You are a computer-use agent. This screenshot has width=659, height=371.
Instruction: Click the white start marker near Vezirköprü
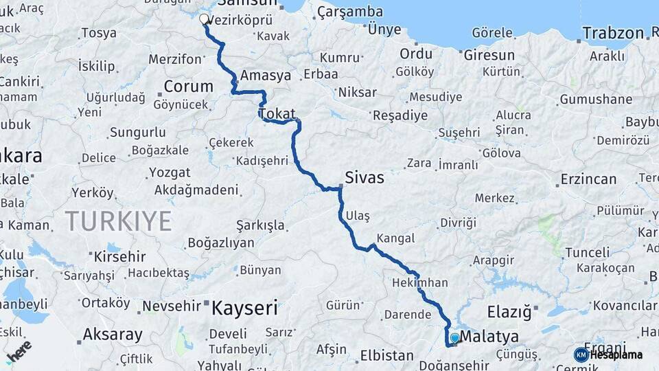click(x=204, y=19)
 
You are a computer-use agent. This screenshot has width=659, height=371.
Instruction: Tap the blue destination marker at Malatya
click(x=454, y=338)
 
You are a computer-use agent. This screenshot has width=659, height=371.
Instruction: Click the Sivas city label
click(x=364, y=177)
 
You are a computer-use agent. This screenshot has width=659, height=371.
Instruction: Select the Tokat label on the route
click(x=277, y=113)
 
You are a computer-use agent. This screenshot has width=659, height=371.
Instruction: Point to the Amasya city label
click(x=266, y=76)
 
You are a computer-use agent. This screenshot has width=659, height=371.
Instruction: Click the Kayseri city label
click(x=244, y=307)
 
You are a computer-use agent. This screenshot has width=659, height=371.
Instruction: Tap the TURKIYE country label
click(x=118, y=221)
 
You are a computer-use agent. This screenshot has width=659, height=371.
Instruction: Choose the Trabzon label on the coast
click(x=613, y=32)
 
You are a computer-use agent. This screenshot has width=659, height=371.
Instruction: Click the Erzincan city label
click(x=588, y=179)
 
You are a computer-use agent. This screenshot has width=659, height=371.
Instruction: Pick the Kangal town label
click(x=396, y=238)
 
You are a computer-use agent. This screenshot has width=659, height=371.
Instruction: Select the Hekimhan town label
click(x=420, y=282)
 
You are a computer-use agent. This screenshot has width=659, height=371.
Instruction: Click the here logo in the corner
click(x=19, y=351)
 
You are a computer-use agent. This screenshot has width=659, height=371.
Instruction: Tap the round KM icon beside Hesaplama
click(x=581, y=355)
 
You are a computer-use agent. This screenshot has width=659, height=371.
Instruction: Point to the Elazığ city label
click(x=509, y=313)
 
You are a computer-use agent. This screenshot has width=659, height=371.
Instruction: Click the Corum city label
click(x=188, y=87)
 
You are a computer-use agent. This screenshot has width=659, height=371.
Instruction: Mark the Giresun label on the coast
click(x=489, y=54)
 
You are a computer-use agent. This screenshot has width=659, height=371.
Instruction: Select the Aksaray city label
click(x=113, y=335)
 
